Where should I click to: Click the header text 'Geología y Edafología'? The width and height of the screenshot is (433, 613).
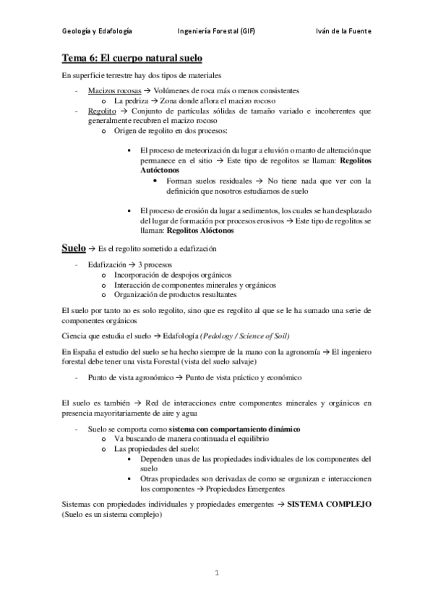(x=96, y=32)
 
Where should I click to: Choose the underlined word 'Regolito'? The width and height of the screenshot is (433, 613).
(x=100, y=111)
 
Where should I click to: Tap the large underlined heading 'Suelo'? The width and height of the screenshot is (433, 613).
(x=73, y=248)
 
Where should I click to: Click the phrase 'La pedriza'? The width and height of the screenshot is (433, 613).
(x=133, y=101)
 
